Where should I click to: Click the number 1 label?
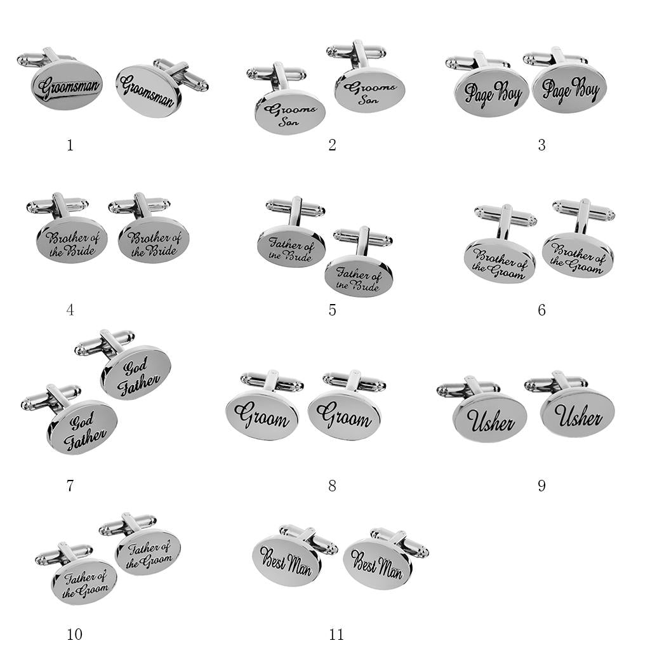coord(70,145)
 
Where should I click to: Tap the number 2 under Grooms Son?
coord(332,145)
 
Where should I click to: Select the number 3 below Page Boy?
coord(542,145)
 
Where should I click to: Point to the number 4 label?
coord(70,310)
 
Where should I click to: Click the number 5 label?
coord(332,310)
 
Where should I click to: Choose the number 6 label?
coord(542,310)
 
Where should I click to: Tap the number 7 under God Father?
coord(70,486)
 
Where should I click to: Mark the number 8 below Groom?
coord(332,486)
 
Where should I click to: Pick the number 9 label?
coord(542,486)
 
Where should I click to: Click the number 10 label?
coord(75,634)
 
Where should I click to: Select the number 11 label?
coord(336,634)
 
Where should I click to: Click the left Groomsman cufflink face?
coord(67,86)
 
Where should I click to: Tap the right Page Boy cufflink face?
coord(569,89)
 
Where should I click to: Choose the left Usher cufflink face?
coord(490,420)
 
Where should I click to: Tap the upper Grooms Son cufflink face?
coord(370,90)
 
